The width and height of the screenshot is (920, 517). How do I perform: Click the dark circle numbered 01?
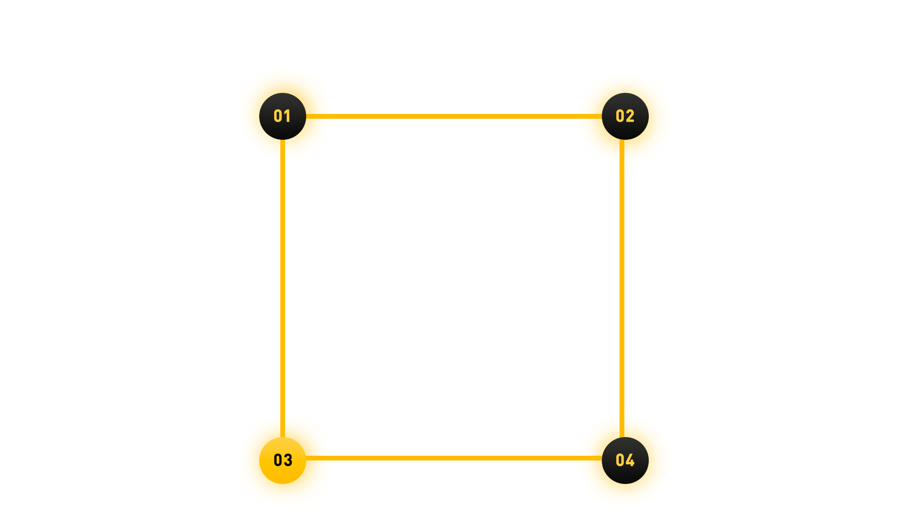(x=283, y=129)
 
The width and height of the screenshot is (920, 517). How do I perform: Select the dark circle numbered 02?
(x=625, y=129)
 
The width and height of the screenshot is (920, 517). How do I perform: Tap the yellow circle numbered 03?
(x=283, y=474)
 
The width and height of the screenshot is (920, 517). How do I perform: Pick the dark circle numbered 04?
(x=625, y=474)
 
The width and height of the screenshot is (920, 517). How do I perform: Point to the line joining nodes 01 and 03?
(x=283, y=287)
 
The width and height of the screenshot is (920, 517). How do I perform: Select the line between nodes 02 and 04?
(x=622, y=287)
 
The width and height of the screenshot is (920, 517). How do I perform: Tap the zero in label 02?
(x=620, y=116)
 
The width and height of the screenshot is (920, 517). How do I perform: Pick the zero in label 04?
(x=620, y=460)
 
